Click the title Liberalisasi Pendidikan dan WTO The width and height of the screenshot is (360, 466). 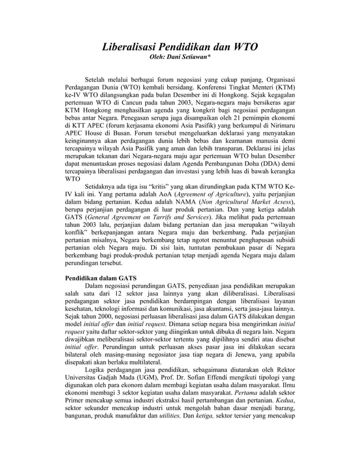point(179,47)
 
